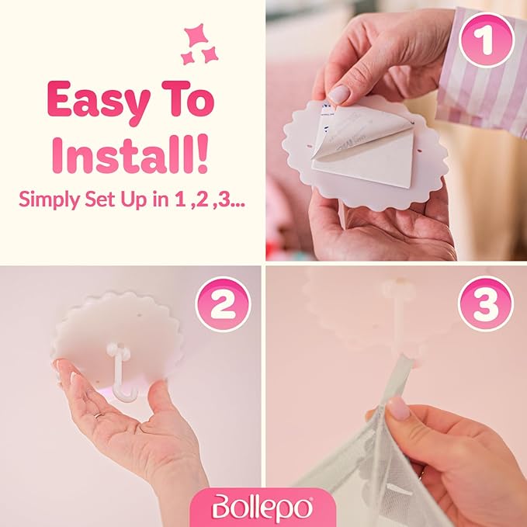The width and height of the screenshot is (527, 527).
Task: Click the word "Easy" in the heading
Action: pos(99,101)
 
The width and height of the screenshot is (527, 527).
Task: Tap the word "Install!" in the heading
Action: pos(130,155)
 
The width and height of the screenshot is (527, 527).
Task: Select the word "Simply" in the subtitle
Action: pos(50,199)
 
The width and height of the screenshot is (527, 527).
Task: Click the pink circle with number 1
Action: pos(487,40)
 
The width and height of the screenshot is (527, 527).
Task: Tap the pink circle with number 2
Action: pos(223,304)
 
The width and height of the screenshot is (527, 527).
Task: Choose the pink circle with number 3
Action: pos(486,303)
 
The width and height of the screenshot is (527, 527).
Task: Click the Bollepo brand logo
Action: pos(262,508)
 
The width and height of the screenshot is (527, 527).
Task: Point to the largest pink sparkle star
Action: pos(196,35)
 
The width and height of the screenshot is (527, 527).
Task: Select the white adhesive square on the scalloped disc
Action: pos(363,158)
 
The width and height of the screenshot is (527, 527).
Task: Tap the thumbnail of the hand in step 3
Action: pos(399,407)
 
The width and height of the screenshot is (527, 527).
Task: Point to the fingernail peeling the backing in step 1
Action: pos(338,94)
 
